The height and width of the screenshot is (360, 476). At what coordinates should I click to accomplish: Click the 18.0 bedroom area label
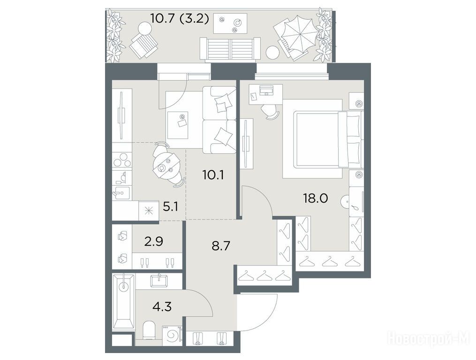[316, 199]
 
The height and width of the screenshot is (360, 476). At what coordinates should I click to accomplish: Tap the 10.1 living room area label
[213, 175]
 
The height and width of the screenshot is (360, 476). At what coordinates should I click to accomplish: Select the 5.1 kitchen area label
[170, 207]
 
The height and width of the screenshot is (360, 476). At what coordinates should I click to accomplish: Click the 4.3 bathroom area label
[161, 307]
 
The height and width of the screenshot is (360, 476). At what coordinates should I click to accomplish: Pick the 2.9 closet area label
[153, 241]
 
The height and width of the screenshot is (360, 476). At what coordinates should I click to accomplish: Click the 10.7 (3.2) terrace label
[180, 19]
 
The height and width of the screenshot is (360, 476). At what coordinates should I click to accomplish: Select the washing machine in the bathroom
[172, 336]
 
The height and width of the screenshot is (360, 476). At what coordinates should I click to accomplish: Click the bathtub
[123, 301]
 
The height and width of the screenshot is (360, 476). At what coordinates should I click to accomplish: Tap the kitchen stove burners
[122, 159]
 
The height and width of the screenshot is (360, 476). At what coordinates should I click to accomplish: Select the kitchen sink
[121, 192]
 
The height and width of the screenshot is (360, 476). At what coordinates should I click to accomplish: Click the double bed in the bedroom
[328, 139]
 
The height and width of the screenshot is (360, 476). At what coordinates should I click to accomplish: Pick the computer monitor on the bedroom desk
[266, 89]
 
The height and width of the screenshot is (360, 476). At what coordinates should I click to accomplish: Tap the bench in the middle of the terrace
[230, 49]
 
